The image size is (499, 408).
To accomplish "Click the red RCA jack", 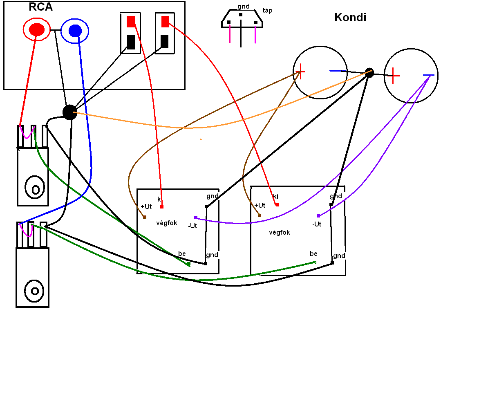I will click(36, 29).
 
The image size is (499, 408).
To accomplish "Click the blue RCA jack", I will click(75, 31).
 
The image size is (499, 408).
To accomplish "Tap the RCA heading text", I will click(41, 7).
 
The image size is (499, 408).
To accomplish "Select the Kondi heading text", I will click(350, 18).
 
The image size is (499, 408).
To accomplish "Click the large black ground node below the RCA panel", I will click(70, 112).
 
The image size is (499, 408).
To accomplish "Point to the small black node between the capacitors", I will click(369, 73).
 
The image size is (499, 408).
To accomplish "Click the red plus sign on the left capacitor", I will click(300, 72).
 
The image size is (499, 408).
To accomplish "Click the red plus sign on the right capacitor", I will click(393, 75).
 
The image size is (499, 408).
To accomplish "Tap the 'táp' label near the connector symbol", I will click(267, 11).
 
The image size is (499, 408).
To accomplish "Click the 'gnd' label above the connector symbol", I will click(244, 7).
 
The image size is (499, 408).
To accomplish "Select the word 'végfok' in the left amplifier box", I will click(167, 223).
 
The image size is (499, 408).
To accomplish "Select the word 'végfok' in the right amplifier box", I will click(280, 233).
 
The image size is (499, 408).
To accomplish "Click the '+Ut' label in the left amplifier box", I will click(146, 207).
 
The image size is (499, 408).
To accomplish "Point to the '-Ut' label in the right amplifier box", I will click(317, 224).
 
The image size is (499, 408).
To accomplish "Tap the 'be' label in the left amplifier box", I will click(182, 254).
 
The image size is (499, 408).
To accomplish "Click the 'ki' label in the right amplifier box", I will click(275, 197).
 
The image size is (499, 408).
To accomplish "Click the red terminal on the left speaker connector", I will click(131, 22).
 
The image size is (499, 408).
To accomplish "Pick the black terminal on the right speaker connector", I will click(164, 41).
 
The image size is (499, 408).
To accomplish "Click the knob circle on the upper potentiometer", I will click(35, 188).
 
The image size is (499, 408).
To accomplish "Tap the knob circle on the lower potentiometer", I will click(35, 291).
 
